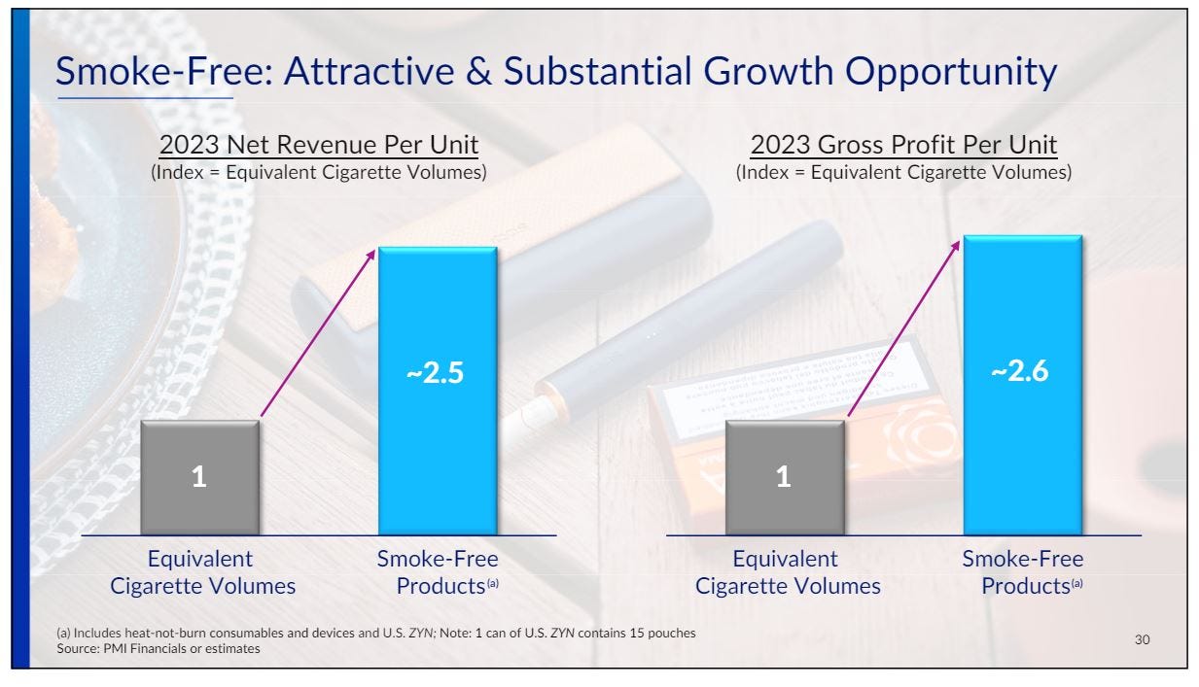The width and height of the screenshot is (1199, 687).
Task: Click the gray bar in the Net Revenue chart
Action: (199, 477)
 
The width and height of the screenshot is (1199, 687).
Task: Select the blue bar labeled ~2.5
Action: (438, 391)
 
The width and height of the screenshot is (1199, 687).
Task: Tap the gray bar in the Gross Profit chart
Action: (785, 477)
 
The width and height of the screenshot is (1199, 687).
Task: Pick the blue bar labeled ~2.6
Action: (1023, 385)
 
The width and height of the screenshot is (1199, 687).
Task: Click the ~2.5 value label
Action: (435, 372)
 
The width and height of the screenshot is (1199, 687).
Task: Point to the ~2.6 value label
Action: (1020, 371)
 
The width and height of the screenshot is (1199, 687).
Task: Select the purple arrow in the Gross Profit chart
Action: (903, 328)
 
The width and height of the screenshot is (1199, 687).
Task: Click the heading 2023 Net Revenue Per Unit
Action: (319, 145)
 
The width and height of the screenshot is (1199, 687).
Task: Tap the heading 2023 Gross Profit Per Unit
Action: (903, 145)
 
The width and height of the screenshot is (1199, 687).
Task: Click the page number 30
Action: (1143, 639)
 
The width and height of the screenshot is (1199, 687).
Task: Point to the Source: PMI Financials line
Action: (159, 648)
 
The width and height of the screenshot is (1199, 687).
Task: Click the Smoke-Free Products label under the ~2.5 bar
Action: (438, 572)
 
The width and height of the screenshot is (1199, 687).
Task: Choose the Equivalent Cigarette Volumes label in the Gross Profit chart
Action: (788, 572)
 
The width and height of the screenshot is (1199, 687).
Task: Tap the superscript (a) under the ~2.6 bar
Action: (1076, 583)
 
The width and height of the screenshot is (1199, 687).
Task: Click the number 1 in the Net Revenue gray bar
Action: (199, 476)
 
